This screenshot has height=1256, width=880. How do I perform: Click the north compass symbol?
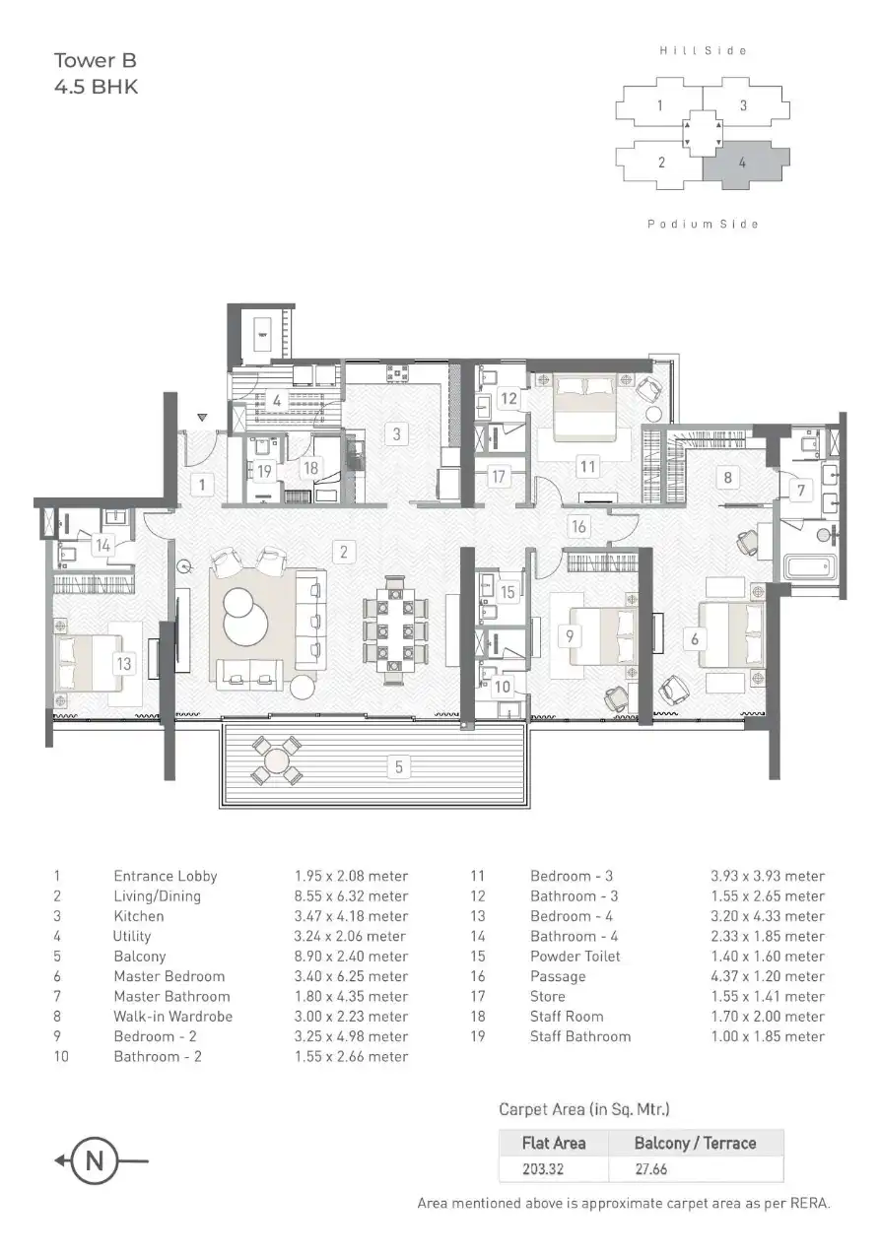(x=95, y=1160)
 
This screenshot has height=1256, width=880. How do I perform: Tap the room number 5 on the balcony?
(x=398, y=766)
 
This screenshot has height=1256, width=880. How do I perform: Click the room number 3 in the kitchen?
(x=395, y=432)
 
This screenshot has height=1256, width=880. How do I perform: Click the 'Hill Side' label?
(x=703, y=50)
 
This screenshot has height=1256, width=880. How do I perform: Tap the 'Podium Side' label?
(x=703, y=225)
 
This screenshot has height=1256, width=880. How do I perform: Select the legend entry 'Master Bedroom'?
(x=169, y=976)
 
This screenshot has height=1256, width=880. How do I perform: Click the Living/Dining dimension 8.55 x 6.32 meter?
(x=351, y=896)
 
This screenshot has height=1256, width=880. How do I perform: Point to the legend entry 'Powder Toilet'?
(x=575, y=957)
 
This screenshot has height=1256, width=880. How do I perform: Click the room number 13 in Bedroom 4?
(x=123, y=663)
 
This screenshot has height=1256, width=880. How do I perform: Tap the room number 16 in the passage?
(x=578, y=527)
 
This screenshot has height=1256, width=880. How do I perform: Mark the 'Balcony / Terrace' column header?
(x=696, y=1143)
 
